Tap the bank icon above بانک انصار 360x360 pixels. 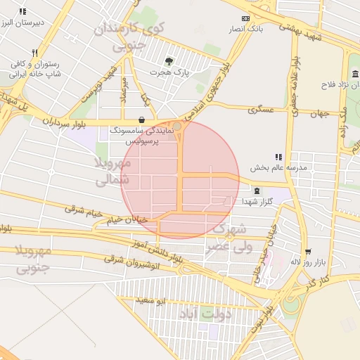coord(245,18)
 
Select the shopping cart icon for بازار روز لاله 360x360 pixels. coord(307,251)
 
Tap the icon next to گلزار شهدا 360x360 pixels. coord(256,191)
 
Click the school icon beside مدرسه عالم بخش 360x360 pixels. coord(278,157)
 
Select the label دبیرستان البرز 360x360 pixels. coord(22,22)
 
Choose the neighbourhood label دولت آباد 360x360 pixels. coord(205,311)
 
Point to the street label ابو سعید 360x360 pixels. coord(150,300)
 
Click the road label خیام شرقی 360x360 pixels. coord(84,210)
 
